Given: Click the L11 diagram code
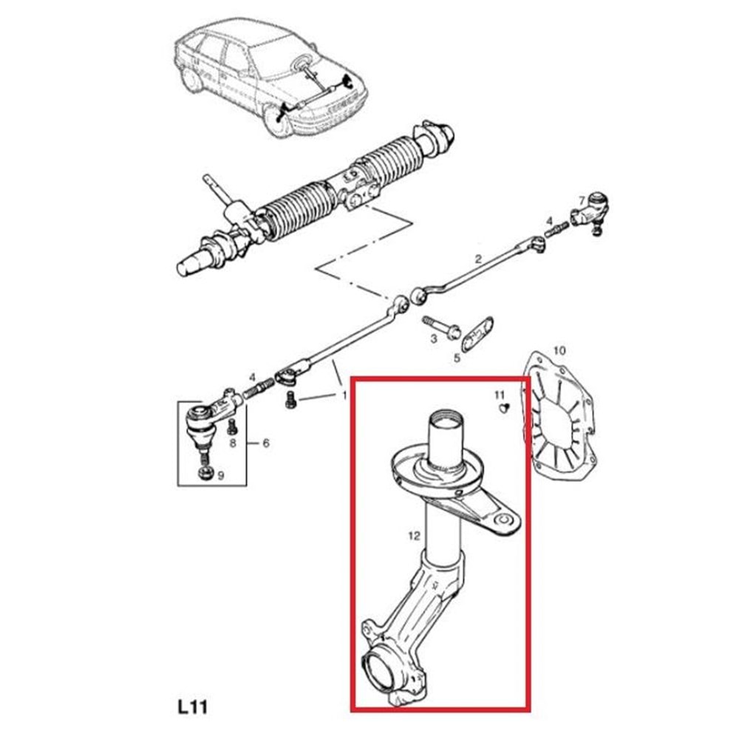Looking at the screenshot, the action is click(x=193, y=707).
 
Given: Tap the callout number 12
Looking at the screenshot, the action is click(x=414, y=535).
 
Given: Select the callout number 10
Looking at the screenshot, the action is click(x=559, y=350).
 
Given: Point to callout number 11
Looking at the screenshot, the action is click(x=500, y=395).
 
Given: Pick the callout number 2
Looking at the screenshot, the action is click(x=478, y=258).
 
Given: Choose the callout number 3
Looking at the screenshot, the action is click(x=434, y=338).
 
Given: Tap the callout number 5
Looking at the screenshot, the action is click(x=457, y=358).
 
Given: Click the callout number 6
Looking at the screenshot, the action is click(x=266, y=443).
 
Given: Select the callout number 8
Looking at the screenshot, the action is click(x=233, y=443).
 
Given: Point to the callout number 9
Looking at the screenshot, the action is click(x=220, y=475).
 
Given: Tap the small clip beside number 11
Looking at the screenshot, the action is click(x=504, y=408).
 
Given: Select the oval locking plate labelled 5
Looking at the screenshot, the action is click(x=477, y=334).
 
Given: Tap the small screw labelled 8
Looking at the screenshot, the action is click(x=231, y=426).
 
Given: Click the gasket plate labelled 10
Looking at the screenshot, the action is click(x=559, y=410).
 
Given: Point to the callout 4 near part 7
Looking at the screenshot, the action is click(x=549, y=221).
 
